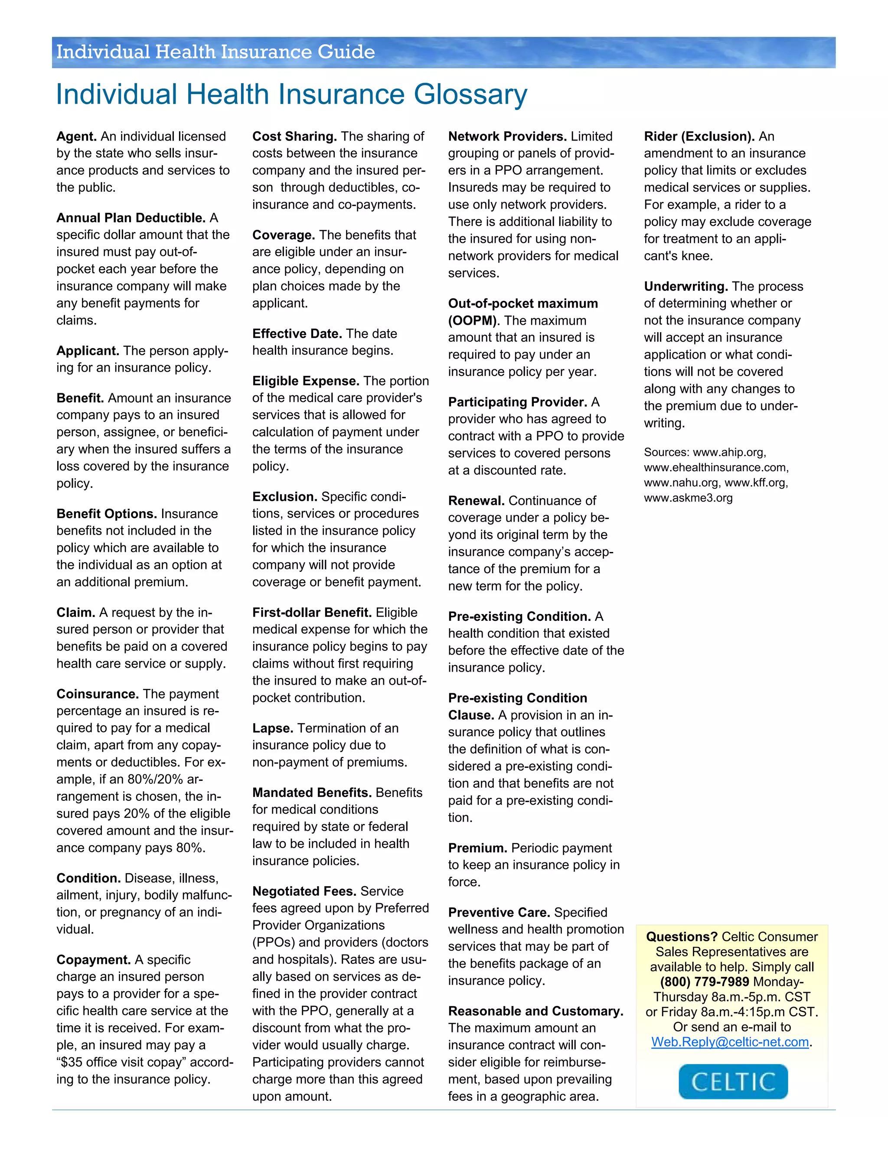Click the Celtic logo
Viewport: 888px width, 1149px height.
[733, 1081]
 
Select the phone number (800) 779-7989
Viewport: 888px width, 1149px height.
[705, 982]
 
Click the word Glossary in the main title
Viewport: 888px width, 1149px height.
[470, 95]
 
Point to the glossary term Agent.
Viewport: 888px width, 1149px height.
[76, 136]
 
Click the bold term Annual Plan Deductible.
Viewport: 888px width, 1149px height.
[131, 218]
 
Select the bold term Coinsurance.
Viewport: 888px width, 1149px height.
[97, 694]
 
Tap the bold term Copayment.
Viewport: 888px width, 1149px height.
[93, 960]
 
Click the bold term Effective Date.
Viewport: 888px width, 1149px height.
[297, 333]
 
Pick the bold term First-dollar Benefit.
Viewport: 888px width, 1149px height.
[311, 612]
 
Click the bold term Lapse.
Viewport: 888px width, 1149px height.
[272, 728]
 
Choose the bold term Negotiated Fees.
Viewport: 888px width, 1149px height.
[304, 891]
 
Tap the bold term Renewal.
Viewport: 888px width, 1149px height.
[476, 500]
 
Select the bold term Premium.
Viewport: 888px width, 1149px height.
[477, 848]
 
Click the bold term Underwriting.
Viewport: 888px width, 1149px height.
[686, 286]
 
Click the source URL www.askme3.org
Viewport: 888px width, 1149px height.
[688, 498]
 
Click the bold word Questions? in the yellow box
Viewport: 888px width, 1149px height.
[681, 937]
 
